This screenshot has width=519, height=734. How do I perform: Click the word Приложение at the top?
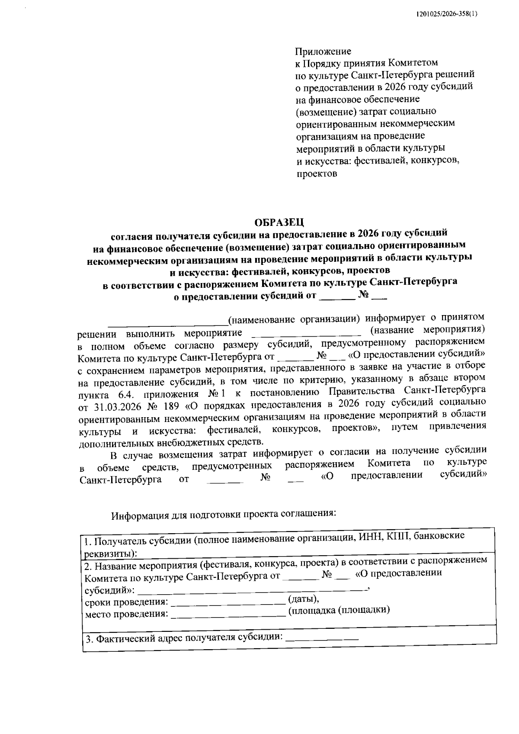click(x=323, y=52)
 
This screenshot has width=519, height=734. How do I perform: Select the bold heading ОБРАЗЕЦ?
click(x=279, y=222)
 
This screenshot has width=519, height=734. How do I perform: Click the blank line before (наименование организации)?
click(x=168, y=323)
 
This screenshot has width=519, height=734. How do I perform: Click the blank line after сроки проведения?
click(x=228, y=602)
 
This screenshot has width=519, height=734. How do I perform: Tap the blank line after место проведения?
click(x=228, y=614)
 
